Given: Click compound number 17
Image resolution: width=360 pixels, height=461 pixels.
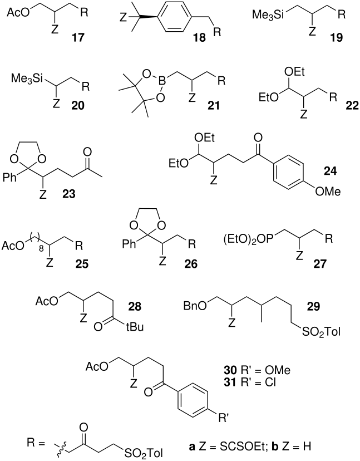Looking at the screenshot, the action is coord(77,37).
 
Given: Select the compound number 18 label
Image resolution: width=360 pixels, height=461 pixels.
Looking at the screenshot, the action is coord(199,38).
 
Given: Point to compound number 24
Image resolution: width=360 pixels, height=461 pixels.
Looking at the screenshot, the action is coord(330,170).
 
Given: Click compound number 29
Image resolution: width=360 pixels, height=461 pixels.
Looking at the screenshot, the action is coord(312,306).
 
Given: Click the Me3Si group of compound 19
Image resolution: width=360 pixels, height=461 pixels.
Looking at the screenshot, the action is coord(268,14).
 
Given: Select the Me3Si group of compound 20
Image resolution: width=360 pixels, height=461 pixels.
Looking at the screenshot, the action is coord(27,79).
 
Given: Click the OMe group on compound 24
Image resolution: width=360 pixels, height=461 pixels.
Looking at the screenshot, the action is coord(328,192).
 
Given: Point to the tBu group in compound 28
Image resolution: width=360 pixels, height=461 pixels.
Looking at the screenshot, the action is coord(135,327).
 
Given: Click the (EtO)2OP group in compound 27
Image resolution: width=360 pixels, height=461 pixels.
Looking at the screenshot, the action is coord(248,239).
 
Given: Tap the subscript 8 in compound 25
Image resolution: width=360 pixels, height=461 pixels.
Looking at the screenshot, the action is coord(41,249).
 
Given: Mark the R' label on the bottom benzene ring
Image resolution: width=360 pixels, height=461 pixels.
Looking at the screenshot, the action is coord(223,418).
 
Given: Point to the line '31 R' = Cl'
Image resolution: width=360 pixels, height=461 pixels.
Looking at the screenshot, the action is coord(250,383).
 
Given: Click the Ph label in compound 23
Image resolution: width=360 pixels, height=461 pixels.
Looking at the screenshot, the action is coord(9,177).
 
